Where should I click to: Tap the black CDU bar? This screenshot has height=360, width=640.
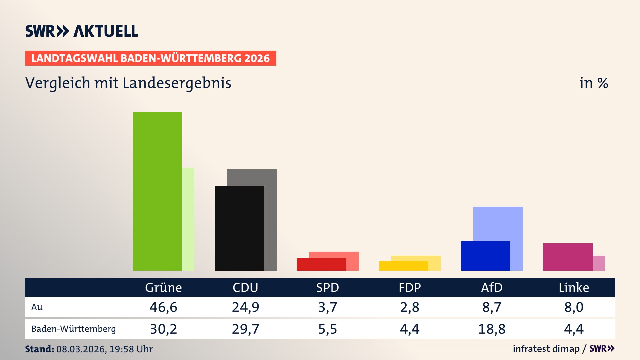coord(239,228)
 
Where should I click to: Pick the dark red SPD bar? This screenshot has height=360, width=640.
coord(321,264)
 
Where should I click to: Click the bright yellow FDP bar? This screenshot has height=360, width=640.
coord(403,266)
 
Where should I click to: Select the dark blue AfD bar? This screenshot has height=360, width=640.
coord(485,256)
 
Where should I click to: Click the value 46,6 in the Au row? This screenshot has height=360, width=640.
coord(163,307)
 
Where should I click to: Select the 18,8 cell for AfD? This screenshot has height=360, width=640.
coord(492,329)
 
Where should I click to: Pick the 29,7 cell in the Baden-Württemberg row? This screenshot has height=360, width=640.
coord(245,329)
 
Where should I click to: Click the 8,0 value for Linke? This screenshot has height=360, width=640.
coord(574,307)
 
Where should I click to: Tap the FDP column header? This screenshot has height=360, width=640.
coord(410,288)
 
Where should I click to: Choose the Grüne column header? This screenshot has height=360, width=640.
coord(163,288)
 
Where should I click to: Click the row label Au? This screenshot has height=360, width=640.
coord(37,307)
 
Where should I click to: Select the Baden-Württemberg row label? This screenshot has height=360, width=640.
coord(73,329)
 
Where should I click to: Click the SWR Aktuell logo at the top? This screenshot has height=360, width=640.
coord(82,31)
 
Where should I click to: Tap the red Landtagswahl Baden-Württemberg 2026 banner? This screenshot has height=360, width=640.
coord(150,58)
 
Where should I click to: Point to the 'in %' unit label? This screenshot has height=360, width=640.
coord(594,83)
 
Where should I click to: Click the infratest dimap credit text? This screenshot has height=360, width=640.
coord(546,349)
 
